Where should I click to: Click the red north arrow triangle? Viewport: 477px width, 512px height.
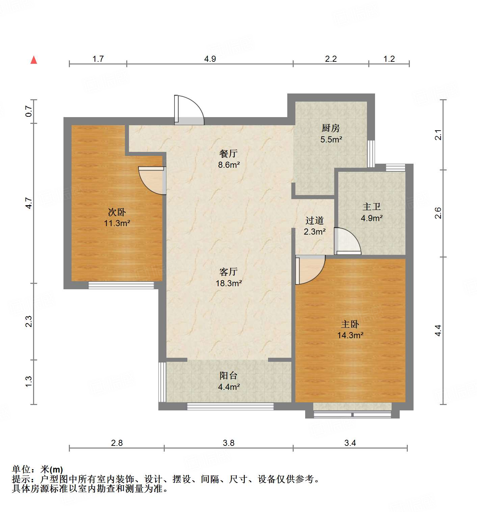(34, 60)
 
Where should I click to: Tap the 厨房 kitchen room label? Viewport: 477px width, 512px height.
(330, 128)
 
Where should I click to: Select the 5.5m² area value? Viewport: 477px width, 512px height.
(331, 139)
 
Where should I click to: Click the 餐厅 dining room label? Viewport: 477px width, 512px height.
(229, 154)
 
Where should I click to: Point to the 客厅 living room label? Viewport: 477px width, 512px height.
(229, 272)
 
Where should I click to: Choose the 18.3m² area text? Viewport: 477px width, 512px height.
(229, 283)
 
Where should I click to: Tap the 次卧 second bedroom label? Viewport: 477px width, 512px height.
(117, 212)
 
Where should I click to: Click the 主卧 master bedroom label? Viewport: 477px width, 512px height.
(350, 324)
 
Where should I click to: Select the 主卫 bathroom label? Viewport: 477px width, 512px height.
(372, 207)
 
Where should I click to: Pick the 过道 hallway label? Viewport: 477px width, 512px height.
(315, 220)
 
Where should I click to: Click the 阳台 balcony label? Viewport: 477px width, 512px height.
(229, 375)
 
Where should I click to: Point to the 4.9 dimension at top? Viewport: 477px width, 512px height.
(210, 59)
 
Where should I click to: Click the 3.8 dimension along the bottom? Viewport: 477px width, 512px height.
(229, 442)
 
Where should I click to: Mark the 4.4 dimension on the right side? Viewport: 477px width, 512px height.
(438, 330)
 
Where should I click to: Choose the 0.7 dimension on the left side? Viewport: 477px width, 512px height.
(29, 111)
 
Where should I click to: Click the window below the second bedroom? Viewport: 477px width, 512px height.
(121, 286)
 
